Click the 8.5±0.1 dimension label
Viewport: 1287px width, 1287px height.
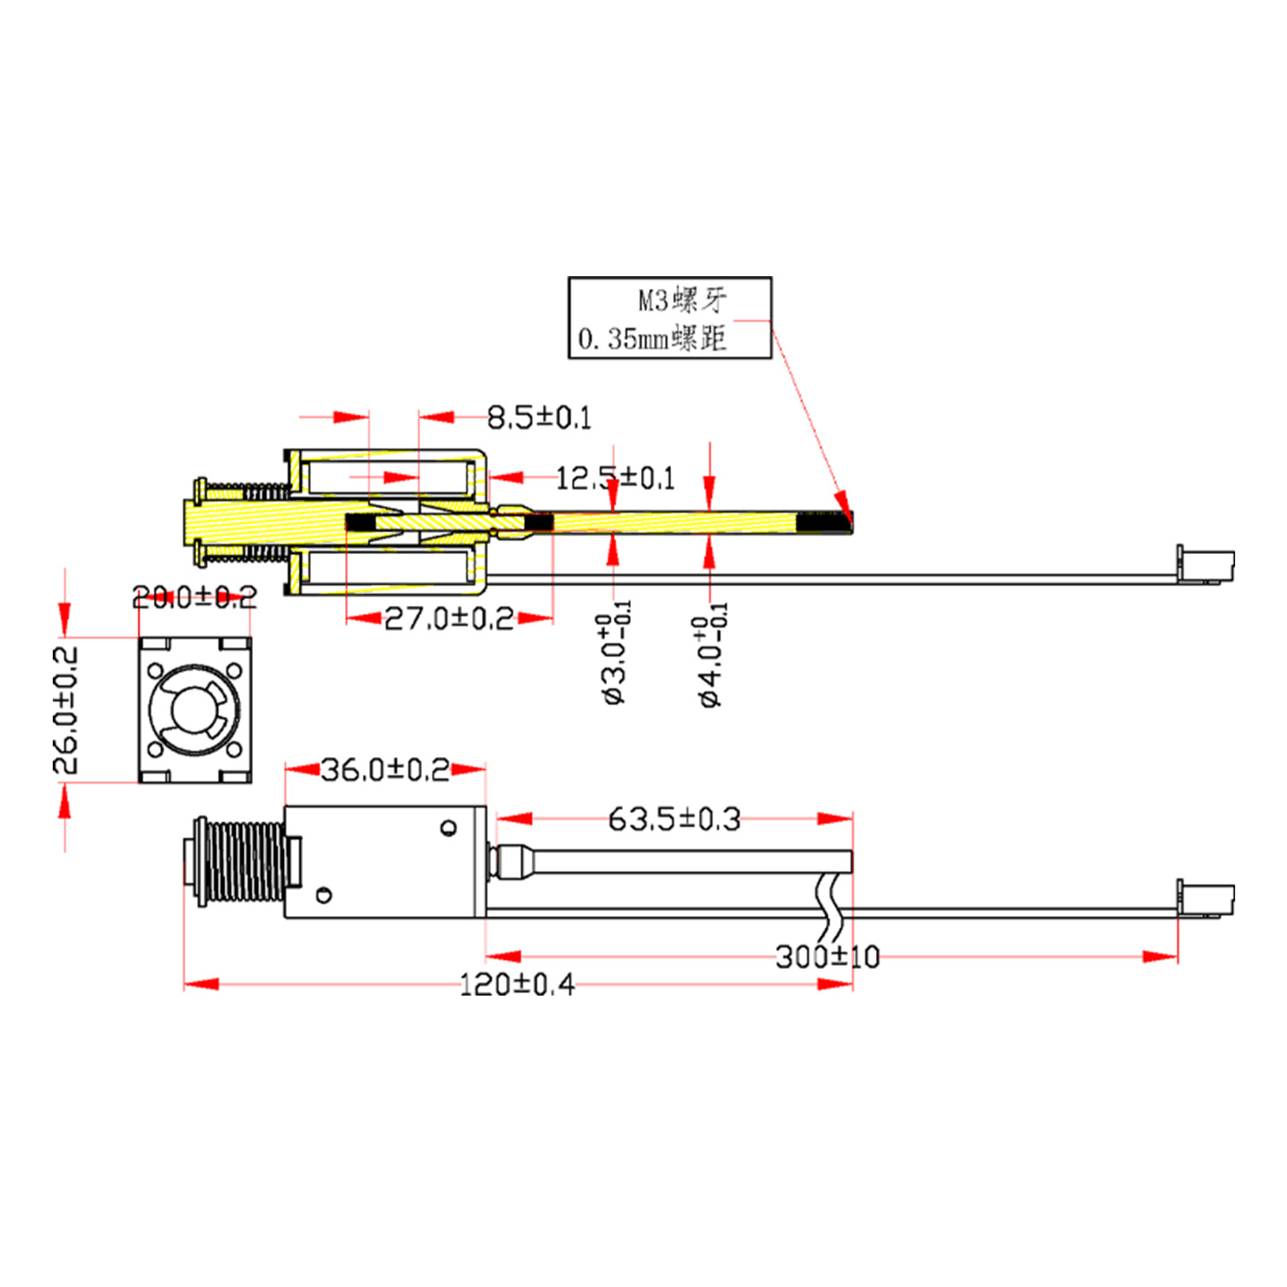pyautogui.click(x=539, y=417)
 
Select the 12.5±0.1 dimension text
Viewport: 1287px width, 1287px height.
pyautogui.click(x=615, y=478)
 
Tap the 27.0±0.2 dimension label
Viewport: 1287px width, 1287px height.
pyautogui.click(x=449, y=618)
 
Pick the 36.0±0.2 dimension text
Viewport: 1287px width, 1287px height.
pyautogui.click(x=385, y=770)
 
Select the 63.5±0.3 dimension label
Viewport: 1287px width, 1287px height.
pyautogui.click(x=674, y=819)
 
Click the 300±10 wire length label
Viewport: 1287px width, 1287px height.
pyautogui.click(x=828, y=957)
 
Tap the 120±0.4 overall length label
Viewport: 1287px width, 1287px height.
pyautogui.click(x=517, y=985)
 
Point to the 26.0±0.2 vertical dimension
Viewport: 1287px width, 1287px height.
pyautogui.click(x=65, y=710)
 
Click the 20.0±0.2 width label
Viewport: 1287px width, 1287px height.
pyautogui.click(x=194, y=596)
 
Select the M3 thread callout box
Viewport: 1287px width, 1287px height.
pyautogui.click(x=669, y=318)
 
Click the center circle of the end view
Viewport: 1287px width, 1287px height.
pyautogui.click(x=194, y=711)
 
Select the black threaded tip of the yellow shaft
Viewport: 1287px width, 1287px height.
pyautogui.click(x=823, y=523)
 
